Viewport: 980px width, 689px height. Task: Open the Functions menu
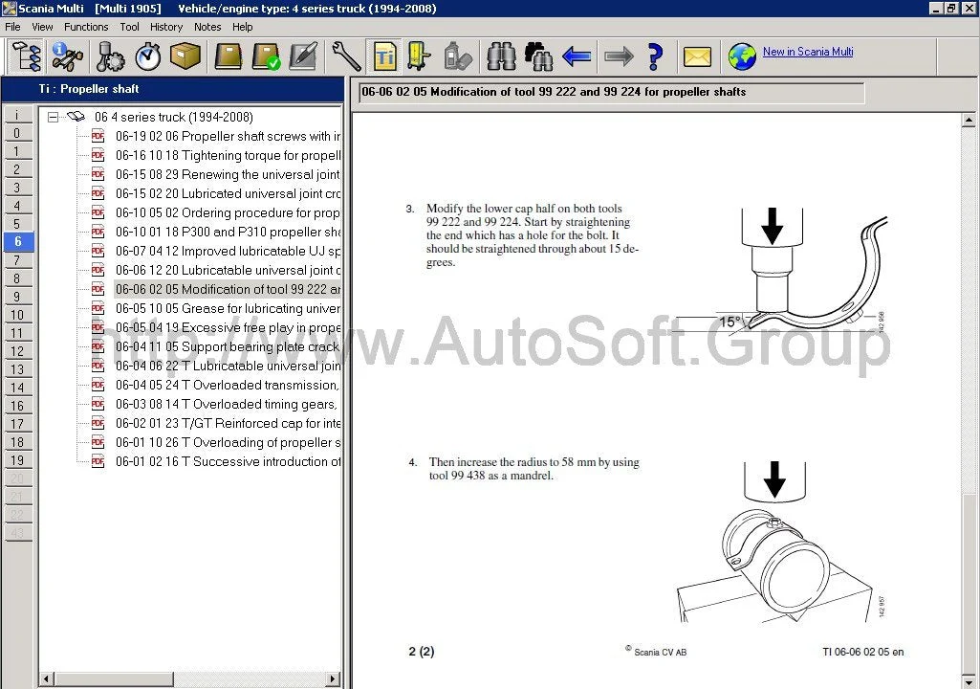(86, 27)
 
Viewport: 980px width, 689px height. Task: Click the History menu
(166, 27)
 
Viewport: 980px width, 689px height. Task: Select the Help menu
(243, 27)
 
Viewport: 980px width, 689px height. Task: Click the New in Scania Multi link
(808, 52)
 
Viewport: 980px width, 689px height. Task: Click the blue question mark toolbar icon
(655, 56)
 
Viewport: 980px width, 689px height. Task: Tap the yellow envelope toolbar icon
(697, 56)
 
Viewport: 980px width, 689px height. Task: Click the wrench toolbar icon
(346, 56)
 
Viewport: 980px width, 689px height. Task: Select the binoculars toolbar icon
(501, 56)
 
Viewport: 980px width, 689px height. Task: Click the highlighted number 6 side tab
(17, 242)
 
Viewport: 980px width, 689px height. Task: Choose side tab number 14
(17, 388)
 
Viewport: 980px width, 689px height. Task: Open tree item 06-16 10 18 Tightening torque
(228, 155)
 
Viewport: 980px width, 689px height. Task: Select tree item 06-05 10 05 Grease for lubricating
(228, 308)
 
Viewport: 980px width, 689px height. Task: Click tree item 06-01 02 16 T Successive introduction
(228, 461)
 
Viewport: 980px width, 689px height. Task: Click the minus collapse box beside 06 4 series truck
(54, 117)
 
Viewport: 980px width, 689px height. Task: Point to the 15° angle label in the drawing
(730, 322)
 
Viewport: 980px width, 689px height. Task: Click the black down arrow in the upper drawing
(773, 226)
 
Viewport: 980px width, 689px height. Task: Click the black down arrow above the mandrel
(774, 478)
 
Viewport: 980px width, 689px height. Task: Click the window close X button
(969, 9)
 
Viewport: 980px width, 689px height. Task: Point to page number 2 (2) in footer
(421, 652)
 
